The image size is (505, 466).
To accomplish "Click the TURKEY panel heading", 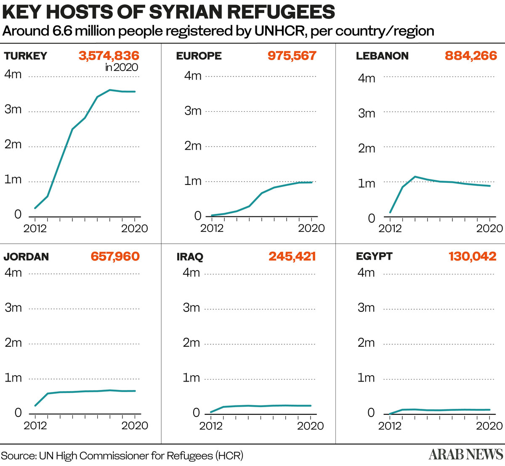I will pyautogui.click(x=26, y=56).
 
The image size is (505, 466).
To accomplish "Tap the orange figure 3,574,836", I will pyautogui.click(x=109, y=56).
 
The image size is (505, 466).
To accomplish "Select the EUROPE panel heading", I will pyautogui.click(x=199, y=56).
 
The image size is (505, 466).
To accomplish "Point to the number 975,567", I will pyautogui.click(x=292, y=56).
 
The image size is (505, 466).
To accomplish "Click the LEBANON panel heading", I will pyautogui.click(x=382, y=56).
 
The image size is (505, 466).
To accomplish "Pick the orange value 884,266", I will pyautogui.click(x=470, y=56).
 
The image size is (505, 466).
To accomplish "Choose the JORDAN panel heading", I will pyautogui.click(x=26, y=257).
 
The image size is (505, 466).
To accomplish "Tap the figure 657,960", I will pyautogui.click(x=115, y=256).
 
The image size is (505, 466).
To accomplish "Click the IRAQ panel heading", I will pyautogui.click(x=190, y=257).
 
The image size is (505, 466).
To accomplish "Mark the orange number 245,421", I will pyautogui.click(x=292, y=256).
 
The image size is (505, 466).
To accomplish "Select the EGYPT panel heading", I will pyautogui.click(x=374, y=256).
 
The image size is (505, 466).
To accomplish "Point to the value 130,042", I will pyautogui.click(x=472, y=256).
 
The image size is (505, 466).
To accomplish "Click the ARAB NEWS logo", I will pyautogui.click(x=466, y=454).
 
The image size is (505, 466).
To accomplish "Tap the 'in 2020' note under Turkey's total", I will pyautogui.click(x=122, y=67).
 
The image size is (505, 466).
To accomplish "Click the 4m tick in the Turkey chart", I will pyautogui.click(x=13, y=75).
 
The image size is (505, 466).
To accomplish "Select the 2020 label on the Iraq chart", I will pyautogui.click(x=311, y=426).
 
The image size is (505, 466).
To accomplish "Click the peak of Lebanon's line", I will pyautogui.click(x=415, y=177).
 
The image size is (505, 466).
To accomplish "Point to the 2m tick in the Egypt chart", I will pyautogui.click(x=366, y=343).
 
